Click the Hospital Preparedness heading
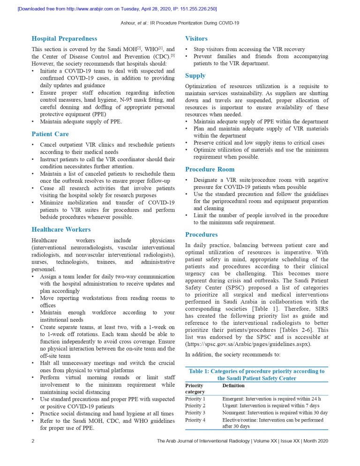(64, 38)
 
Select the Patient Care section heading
(50, 134)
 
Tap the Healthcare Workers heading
(61, 230)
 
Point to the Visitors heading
(196, 38)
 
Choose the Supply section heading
(195, 75)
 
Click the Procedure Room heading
(210, 169)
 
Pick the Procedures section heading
(201, 234)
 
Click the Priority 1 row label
(195, 399)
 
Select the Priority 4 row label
(195, 420)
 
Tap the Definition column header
(233, 385)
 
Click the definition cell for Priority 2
(271, 406)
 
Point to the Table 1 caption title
(256, 375)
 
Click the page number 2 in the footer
(33, 441)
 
